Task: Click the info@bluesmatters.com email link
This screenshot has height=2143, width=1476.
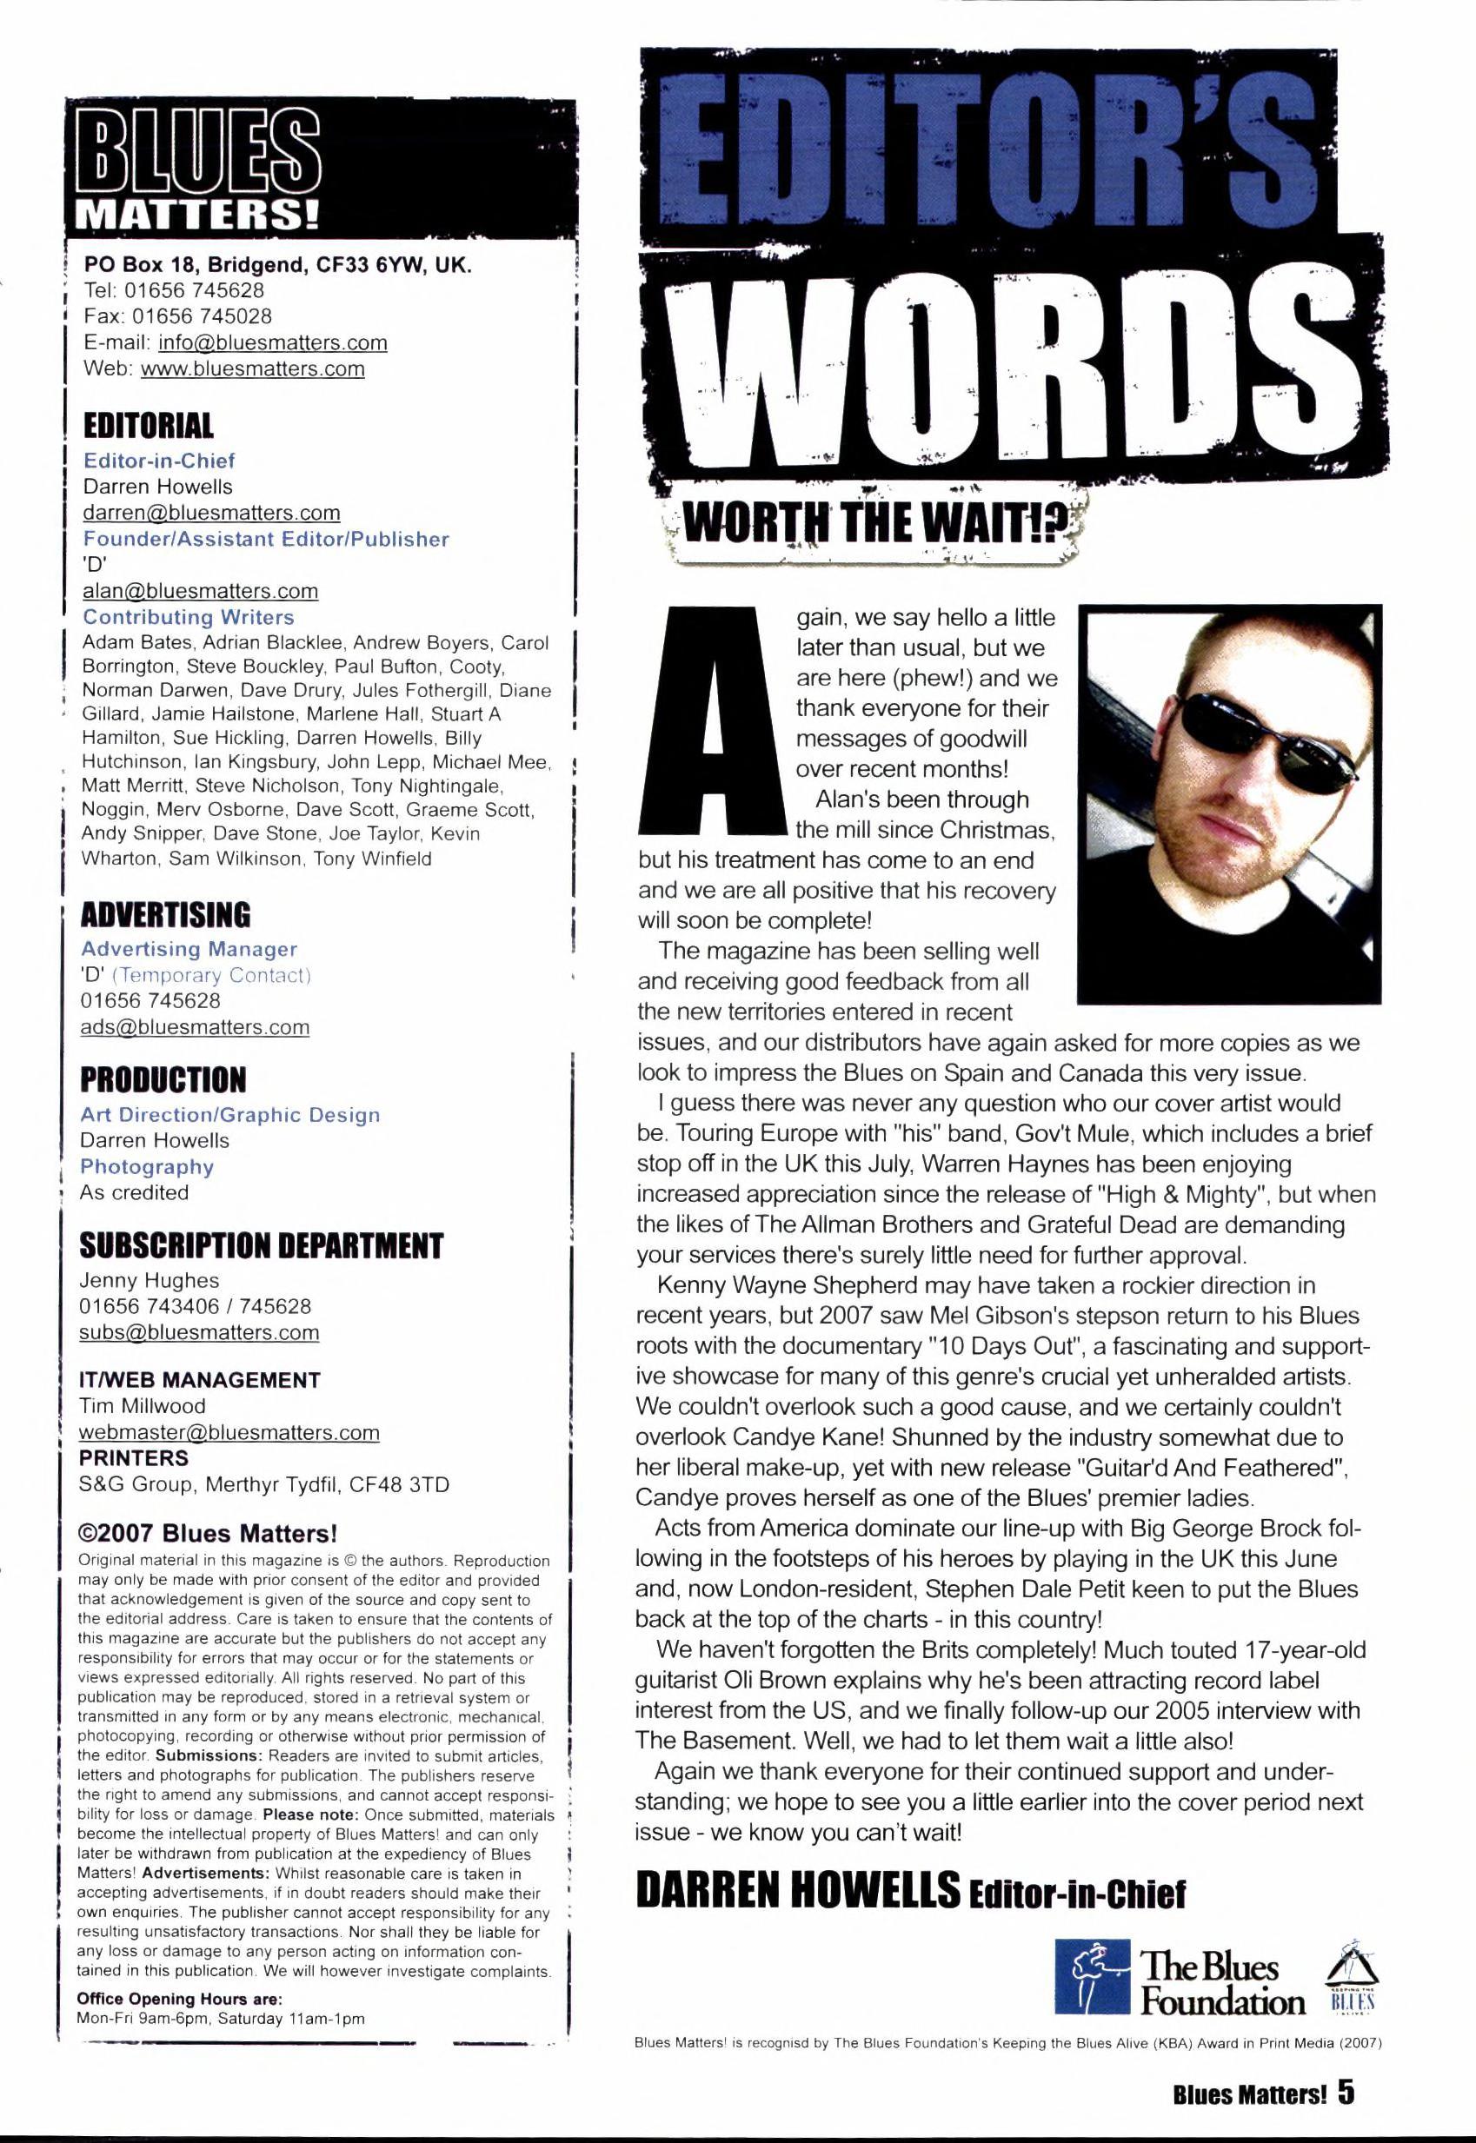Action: point(273,343)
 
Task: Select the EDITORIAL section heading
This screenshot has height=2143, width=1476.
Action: point(148,426)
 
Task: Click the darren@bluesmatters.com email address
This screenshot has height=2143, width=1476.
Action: point(212,513)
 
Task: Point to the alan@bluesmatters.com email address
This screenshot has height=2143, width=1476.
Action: point(201,591)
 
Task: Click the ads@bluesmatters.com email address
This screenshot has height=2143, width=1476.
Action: point(195,1027)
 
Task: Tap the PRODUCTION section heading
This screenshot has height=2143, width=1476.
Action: point(163,1080)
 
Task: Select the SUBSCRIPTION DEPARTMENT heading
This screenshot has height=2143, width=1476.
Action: point(262,1246)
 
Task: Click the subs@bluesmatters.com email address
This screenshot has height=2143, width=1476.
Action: point(200,1332)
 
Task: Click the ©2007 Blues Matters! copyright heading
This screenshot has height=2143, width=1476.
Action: point(207,1535)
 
